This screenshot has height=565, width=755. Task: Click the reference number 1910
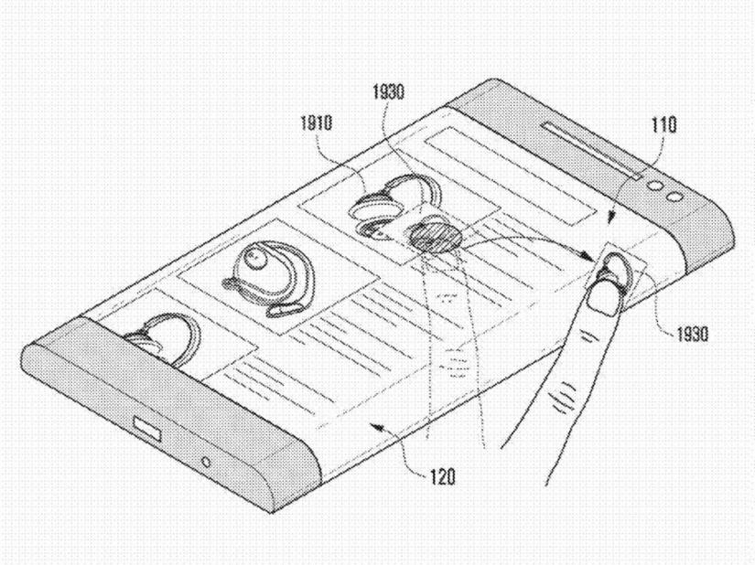pyautogui.click(x=317, y=123)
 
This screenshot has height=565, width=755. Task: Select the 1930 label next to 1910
pyautogui.click(x=388, y=91)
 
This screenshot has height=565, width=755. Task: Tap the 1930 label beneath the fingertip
pyautogui.click(x=693, y=334)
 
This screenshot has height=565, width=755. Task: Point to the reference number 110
pyautogui.click(x=664, y=124)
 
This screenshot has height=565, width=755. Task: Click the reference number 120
pyautogui.click(x=442, y=476)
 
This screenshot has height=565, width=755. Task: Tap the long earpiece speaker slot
pyautogui.click(x=591, y=150)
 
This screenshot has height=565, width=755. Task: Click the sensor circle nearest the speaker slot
pyautogui.click(x=654, y=186)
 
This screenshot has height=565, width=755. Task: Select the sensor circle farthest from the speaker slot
pyautogui.click(x=674, y=197)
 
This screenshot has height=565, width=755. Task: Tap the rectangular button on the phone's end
pyautogui.click(x=146, y=429)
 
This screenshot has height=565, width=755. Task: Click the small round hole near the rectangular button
pyautogui.click(x=206, y=462)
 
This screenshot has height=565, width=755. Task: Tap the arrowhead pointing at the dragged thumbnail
pyautogui.click(x=588, y=257)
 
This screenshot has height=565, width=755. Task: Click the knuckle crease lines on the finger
pyautogui.click(x=565, y=396)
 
